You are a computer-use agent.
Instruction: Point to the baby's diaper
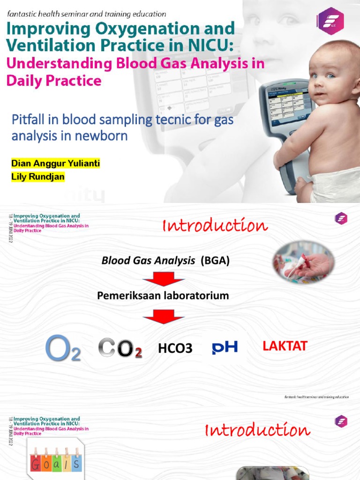point(335,186)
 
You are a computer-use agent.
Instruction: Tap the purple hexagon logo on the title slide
point(331,21)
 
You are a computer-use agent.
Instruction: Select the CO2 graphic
point(120,349)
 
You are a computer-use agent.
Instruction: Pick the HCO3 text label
point(175,348)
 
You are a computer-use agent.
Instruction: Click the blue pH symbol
point(225,347)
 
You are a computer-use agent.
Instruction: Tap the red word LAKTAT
point(285,346)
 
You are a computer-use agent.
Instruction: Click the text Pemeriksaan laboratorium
point(163,296)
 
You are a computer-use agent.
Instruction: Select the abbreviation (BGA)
point(215,261)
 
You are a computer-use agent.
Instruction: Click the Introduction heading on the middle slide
point(215,226)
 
